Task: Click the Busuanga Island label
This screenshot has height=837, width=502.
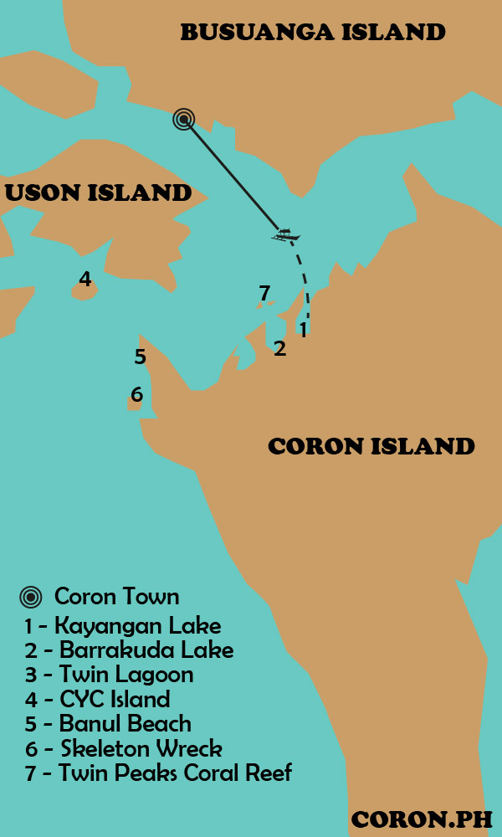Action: click(x=313, y=33)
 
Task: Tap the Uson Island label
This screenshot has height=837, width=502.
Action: click(x=98, y=193)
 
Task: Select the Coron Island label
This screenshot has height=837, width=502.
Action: click(x=371, y=446)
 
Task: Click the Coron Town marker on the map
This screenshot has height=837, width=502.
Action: click(x=184, y=120)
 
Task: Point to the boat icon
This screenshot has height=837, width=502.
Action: click(x=285, y=235)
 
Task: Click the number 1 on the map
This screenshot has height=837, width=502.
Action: click(x=303, y=330)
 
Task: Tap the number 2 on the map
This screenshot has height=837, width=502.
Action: click(x=279, y=348)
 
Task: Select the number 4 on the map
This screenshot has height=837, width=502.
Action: click(x=85, y=279)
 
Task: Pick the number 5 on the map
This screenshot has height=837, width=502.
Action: click(x=140, y=357)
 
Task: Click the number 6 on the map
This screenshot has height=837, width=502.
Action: click(x=136, y=394)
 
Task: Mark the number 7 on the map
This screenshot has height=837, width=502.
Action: click(x=264, y=293)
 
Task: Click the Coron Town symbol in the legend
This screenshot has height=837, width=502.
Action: click(x=31, y=598)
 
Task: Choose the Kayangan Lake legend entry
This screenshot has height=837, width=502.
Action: click(x=123, y=625)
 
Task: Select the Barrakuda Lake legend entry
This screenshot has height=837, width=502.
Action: click(x=129, y=650)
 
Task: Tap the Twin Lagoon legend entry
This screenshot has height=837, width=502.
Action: click(x=109, y=675)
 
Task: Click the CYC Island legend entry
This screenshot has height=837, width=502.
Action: click(x=97, y=699)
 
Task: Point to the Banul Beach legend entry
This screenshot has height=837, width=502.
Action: click(x=108, y=723)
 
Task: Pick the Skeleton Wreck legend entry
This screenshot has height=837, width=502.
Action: click(x=124, y=747)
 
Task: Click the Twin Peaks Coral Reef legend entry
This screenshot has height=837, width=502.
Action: click(x=158, y=773)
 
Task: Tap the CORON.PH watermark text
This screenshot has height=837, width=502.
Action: click(x=422, y=819)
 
